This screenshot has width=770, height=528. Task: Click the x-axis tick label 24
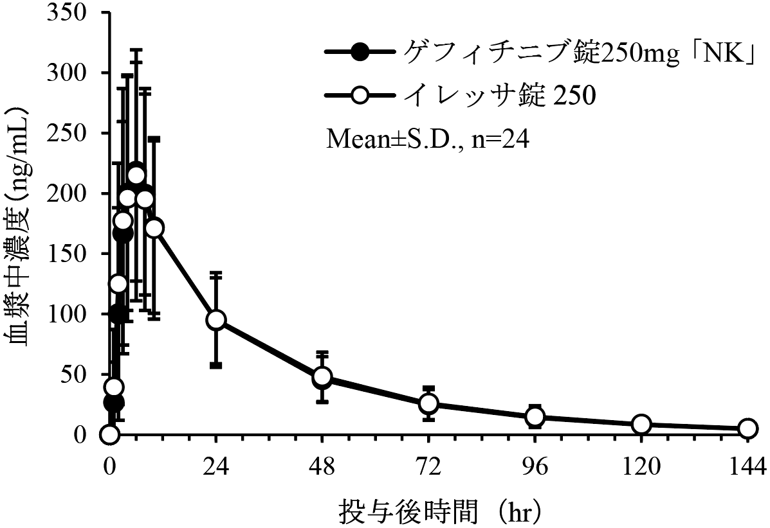(216, 464)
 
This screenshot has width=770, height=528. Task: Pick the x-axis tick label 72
(429, 464)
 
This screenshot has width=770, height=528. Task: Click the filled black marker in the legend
(362, 53)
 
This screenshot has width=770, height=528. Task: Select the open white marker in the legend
(362, 95)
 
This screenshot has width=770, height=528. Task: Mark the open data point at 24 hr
(216, 320)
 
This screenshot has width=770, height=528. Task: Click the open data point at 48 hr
(322, 377)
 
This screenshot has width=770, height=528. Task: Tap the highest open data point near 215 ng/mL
(136, 175)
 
